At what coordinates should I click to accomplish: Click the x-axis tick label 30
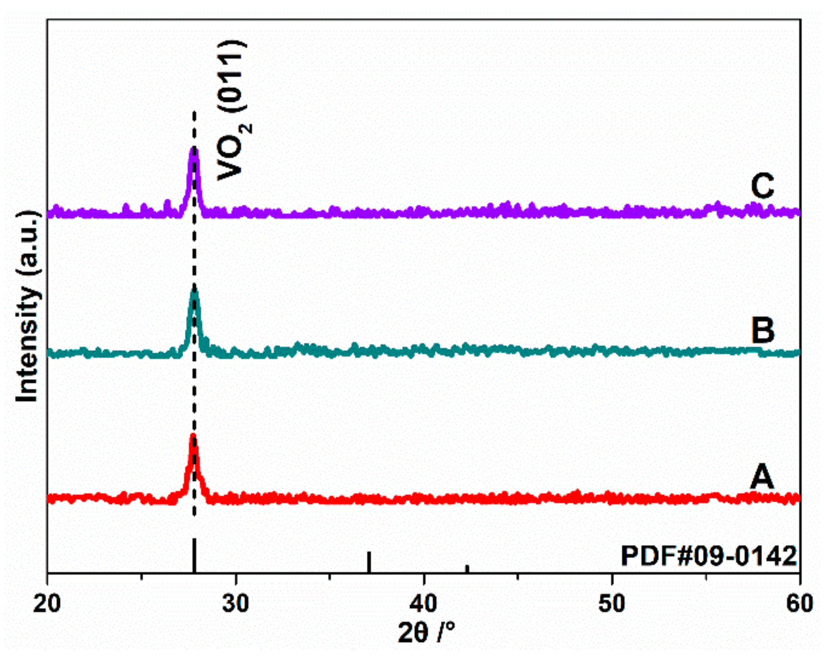(235, 603)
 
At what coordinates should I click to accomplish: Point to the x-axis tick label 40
(424, 603)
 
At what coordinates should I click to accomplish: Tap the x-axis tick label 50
(612, 603)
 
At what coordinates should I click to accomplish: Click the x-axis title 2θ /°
(426, 632)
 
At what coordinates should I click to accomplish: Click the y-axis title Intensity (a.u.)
(28, 307)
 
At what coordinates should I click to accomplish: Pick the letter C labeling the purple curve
(762, 186)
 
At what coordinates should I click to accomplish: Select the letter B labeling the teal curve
(763, 331)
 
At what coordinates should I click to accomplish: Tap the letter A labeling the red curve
(762, 477)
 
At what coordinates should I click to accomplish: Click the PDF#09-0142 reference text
(709, 556)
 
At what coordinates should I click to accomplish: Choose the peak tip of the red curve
(193, 436)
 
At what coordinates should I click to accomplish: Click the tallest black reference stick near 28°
(194, 556)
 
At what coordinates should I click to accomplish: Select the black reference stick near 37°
(369, 562)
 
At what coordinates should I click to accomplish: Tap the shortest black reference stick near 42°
(467, 569)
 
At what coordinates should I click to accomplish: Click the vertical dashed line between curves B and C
(194, 250)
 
